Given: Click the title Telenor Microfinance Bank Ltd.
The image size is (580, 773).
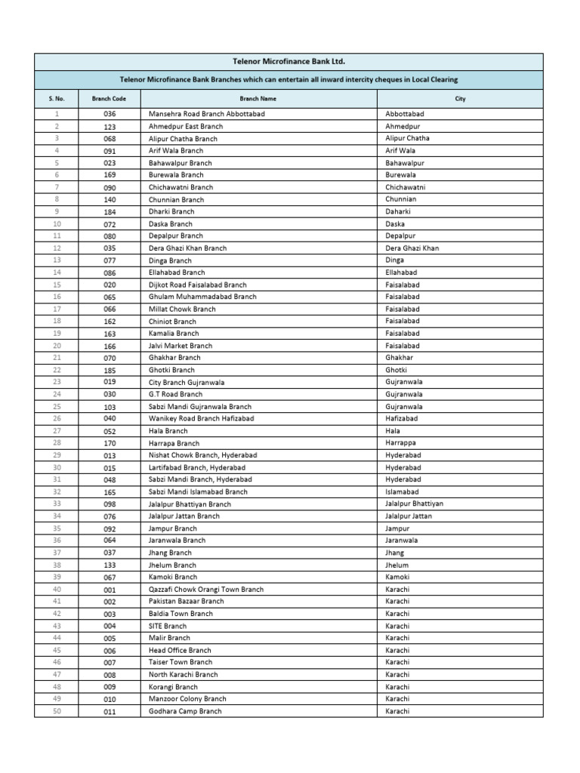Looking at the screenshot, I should (x=289, y=61).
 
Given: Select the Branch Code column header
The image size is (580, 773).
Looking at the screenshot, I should (x=110, y=99).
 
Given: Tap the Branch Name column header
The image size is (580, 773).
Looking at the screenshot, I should (x=258, y=99).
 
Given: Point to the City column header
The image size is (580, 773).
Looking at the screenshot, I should (x=460, y=99).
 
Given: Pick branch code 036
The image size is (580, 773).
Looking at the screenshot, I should (x=110, y=114).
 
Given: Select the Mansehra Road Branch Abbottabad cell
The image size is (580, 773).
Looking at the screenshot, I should (x=207, y=114).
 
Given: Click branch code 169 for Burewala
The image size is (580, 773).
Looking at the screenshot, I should (x=110, y=175).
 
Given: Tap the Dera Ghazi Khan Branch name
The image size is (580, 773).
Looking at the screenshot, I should (x=187, y=248).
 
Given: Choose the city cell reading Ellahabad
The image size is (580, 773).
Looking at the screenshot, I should (x=402, y=273).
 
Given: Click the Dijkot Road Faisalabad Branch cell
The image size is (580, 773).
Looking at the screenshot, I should (x=198, y=285).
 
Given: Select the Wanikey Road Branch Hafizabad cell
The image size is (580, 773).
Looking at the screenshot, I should (x=201, y=418).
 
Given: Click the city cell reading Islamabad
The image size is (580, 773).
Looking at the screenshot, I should (x=403, y=491).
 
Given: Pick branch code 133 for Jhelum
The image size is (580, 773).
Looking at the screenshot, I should (x=110, y=565).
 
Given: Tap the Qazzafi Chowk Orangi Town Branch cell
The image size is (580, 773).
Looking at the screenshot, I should (x=206, y=590).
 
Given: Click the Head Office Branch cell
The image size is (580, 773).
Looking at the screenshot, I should (x=180, y=651).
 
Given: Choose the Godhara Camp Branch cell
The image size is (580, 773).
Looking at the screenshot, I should (x=185, y=711).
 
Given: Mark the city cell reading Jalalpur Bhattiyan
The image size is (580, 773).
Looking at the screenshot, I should (x=415, y=504).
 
